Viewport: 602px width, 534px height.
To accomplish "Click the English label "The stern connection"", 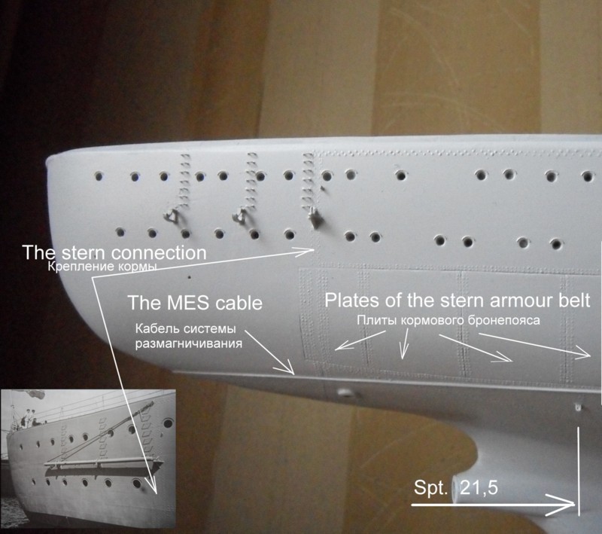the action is (x=114, y=252).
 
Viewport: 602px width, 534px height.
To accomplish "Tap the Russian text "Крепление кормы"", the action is (x=102, y=267).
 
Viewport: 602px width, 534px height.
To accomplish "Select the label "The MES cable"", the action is (x=195, y=303).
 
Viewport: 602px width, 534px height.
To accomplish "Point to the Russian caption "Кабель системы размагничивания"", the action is (x=189, y=336).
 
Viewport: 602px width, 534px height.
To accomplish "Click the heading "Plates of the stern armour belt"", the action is (x=458, y=301).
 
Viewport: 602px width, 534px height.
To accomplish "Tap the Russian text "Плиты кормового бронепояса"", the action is (x=448, y=320).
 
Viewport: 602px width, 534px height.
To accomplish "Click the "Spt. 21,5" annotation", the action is (x=456, y=487).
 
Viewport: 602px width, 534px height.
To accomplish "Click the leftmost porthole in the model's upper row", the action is (x=99, y=176).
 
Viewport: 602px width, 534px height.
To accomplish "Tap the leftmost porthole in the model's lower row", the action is (x=120, y=232).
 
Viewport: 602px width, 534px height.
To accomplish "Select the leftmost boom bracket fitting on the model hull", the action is (x=171, y=215).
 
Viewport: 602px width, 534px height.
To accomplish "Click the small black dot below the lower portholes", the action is (x=189, y=276).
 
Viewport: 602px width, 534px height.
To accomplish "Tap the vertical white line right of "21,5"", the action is (x=579, y=471).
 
